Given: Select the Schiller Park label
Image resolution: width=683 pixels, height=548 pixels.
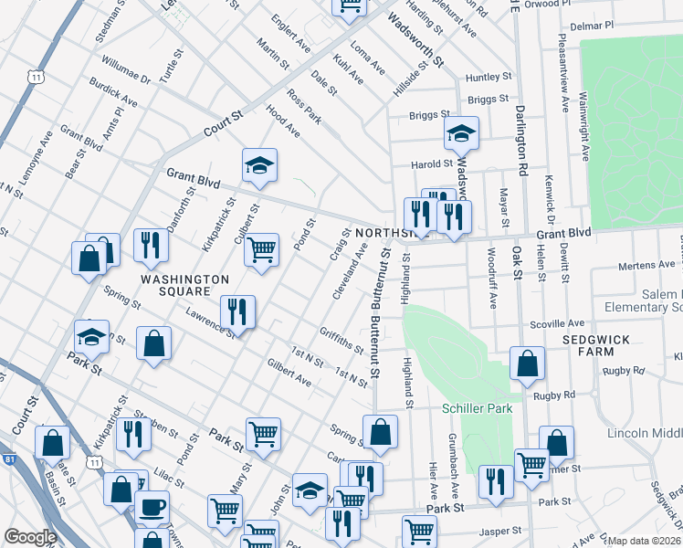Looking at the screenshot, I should pyautogui.click(x=478, y=408).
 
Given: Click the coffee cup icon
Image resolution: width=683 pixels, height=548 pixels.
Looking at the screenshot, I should pyautogui.click(x=152, y=507).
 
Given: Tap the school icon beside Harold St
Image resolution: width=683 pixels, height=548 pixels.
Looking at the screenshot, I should pyautogui.click(x=461, y=134).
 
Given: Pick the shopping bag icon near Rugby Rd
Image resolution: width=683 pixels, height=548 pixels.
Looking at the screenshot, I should pyautogui.click(x=528, y=364).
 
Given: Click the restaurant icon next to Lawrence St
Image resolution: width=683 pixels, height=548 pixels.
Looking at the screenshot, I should pyautogui.click(x=237, y=311).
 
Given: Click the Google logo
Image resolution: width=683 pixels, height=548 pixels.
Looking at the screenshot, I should pyautogui.click(x=30, y=537).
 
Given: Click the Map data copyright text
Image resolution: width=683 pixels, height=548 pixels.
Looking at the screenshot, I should pyautogui.click(x=644, y=541).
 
